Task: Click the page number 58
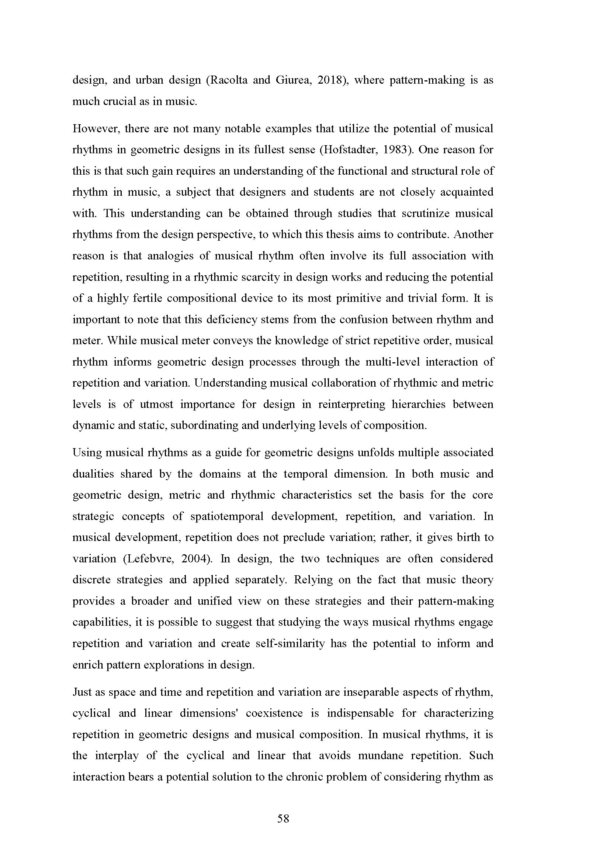click(283, 819)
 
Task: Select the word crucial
click(119, 102)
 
